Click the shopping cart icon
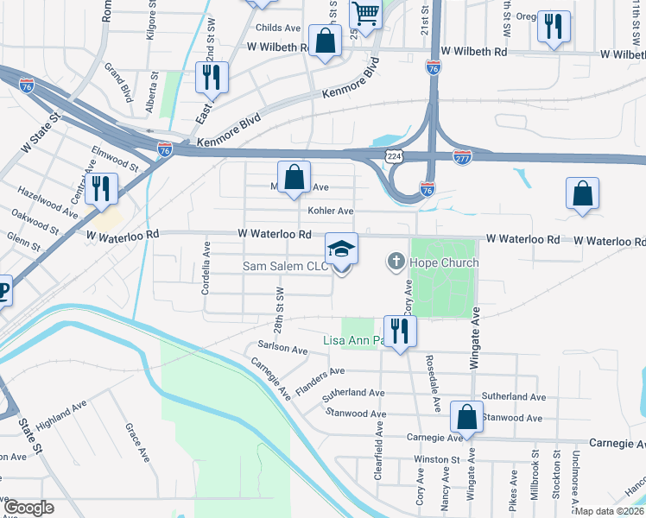365,14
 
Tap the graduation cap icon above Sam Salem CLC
341,249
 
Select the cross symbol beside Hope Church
396,262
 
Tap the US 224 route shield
393,155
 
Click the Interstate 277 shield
462,156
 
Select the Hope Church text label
445,262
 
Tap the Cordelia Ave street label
206,268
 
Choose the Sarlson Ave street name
282,348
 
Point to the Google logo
28,508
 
